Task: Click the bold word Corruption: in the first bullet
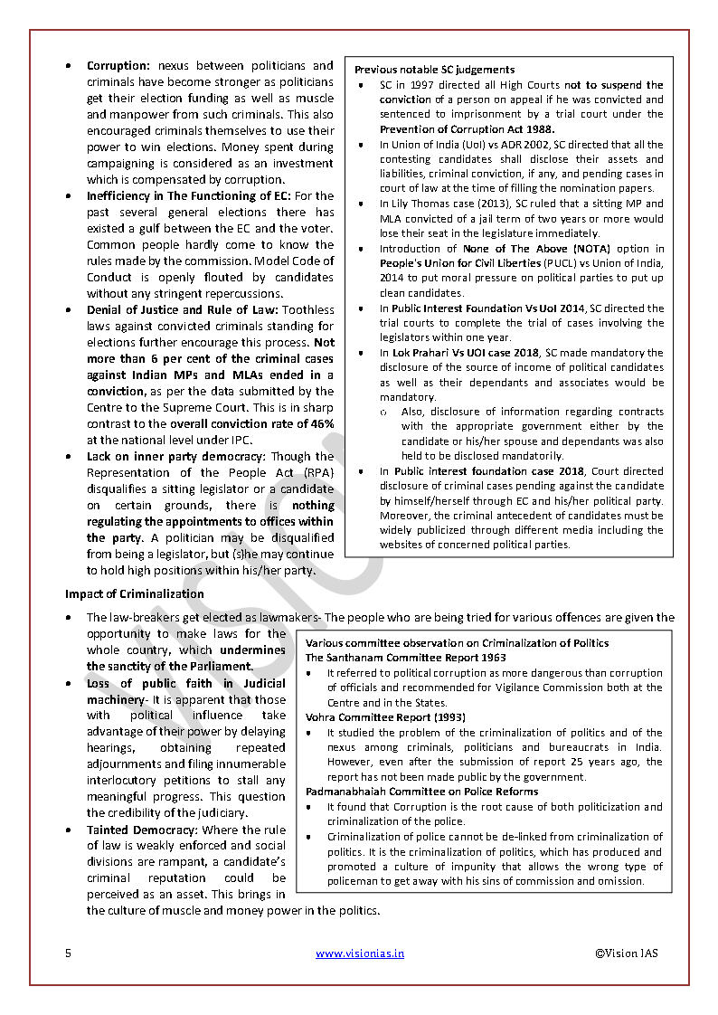[x=118, y=66]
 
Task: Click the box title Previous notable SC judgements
[x=434, y=70]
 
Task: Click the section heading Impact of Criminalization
[x=134, y=594]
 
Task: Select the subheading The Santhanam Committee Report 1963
[x=405, y=658]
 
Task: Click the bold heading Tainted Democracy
[x=141, y=830]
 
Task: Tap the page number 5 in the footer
[x=68, y=953]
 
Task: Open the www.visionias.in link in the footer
[x=360, y=953]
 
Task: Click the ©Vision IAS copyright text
[x=627, y=953]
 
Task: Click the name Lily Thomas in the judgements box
[x=422, y=204]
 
